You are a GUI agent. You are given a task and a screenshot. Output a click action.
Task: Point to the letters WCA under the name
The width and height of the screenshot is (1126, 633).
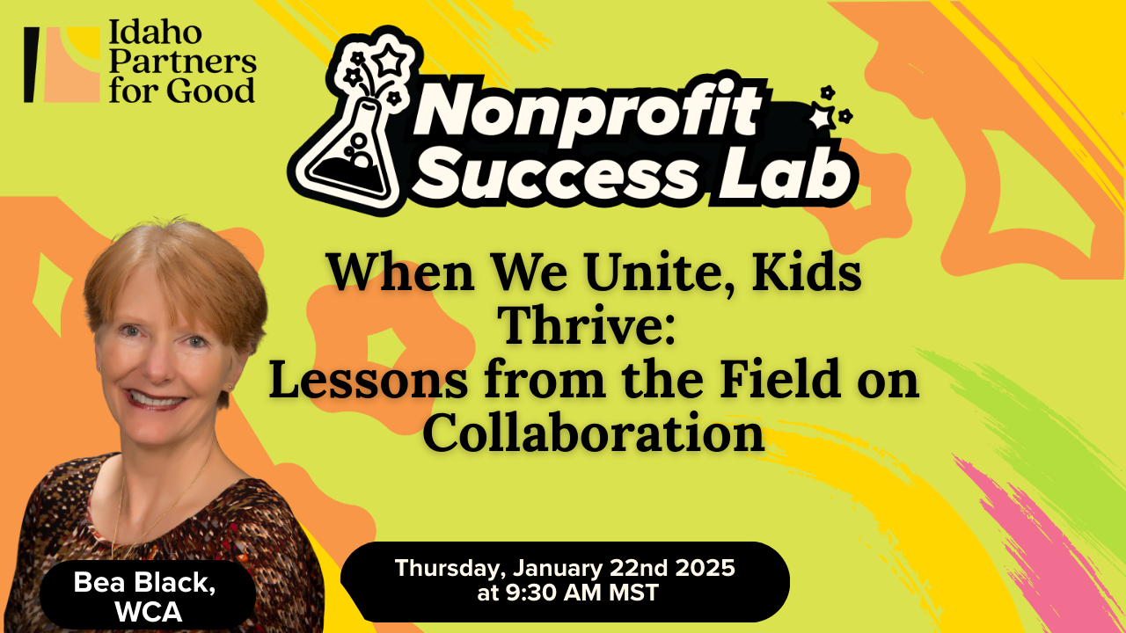[x=148, y=611]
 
